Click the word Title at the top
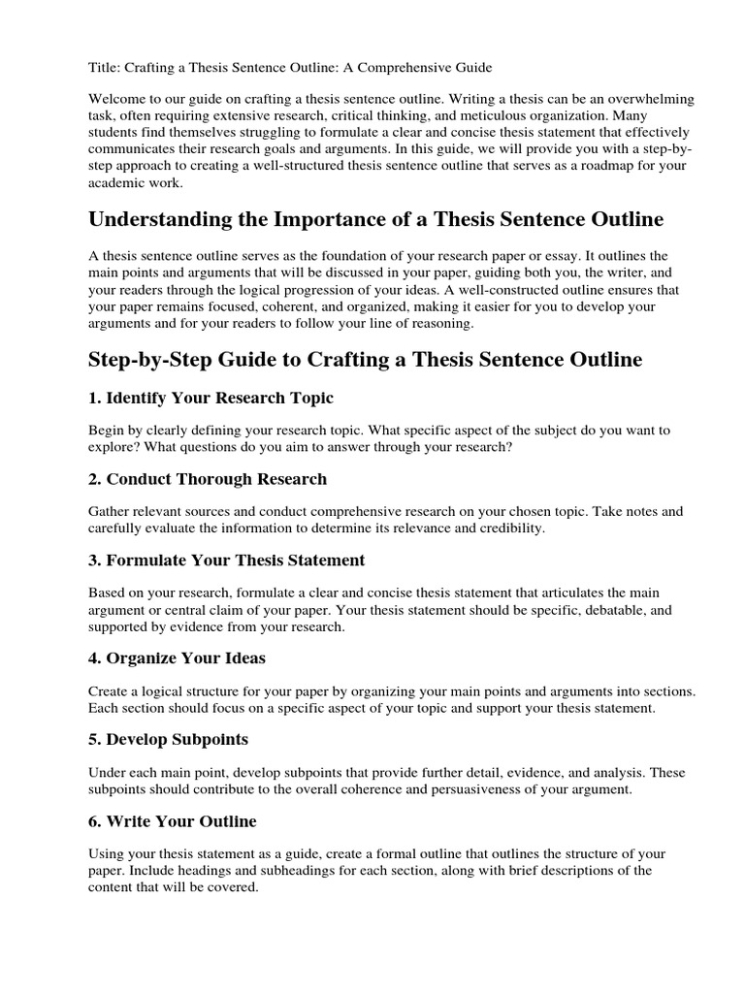103,68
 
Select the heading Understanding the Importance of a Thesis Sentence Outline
375,220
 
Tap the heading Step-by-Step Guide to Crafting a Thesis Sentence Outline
365,360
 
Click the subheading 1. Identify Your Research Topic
211,399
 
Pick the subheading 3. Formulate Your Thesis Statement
226,561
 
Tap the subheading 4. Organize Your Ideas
177,657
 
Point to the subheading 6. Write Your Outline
172,821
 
